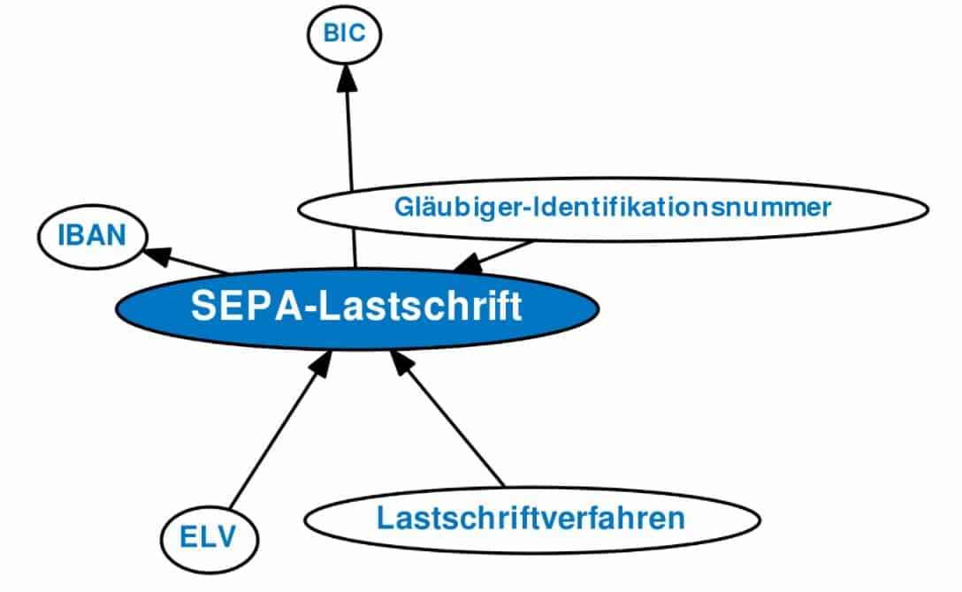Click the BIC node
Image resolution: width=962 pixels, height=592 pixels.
click(x=343, y=34)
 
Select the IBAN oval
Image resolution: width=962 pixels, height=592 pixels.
click(x=92, y=237)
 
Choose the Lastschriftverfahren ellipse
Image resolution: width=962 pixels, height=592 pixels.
click(x=531, y=518)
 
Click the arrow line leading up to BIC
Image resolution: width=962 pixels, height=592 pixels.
click(x=349, y=141)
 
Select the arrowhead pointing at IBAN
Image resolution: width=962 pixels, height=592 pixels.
click(x=157, y=254)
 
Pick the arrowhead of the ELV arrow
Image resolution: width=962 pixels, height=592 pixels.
click(x=321, y=362)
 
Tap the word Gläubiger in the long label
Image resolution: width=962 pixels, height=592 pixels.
click(x=444, y=209)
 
